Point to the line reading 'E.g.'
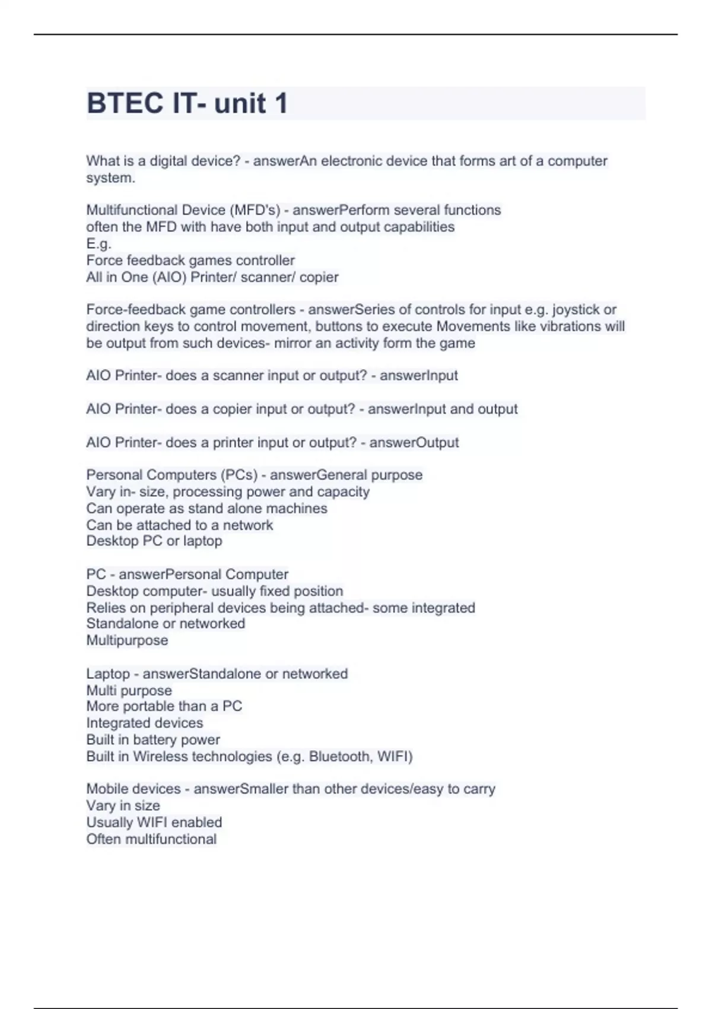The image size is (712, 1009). pos(98,243)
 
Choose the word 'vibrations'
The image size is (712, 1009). pos(566,326)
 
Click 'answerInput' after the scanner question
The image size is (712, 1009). pos(418,376)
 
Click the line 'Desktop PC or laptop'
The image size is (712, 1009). pos(154,541)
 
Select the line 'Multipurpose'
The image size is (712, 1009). pos(127,640)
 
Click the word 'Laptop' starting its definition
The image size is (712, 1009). pos(107,674)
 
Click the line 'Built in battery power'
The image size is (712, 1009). pos(153,740)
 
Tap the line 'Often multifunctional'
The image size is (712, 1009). pos(151,839)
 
